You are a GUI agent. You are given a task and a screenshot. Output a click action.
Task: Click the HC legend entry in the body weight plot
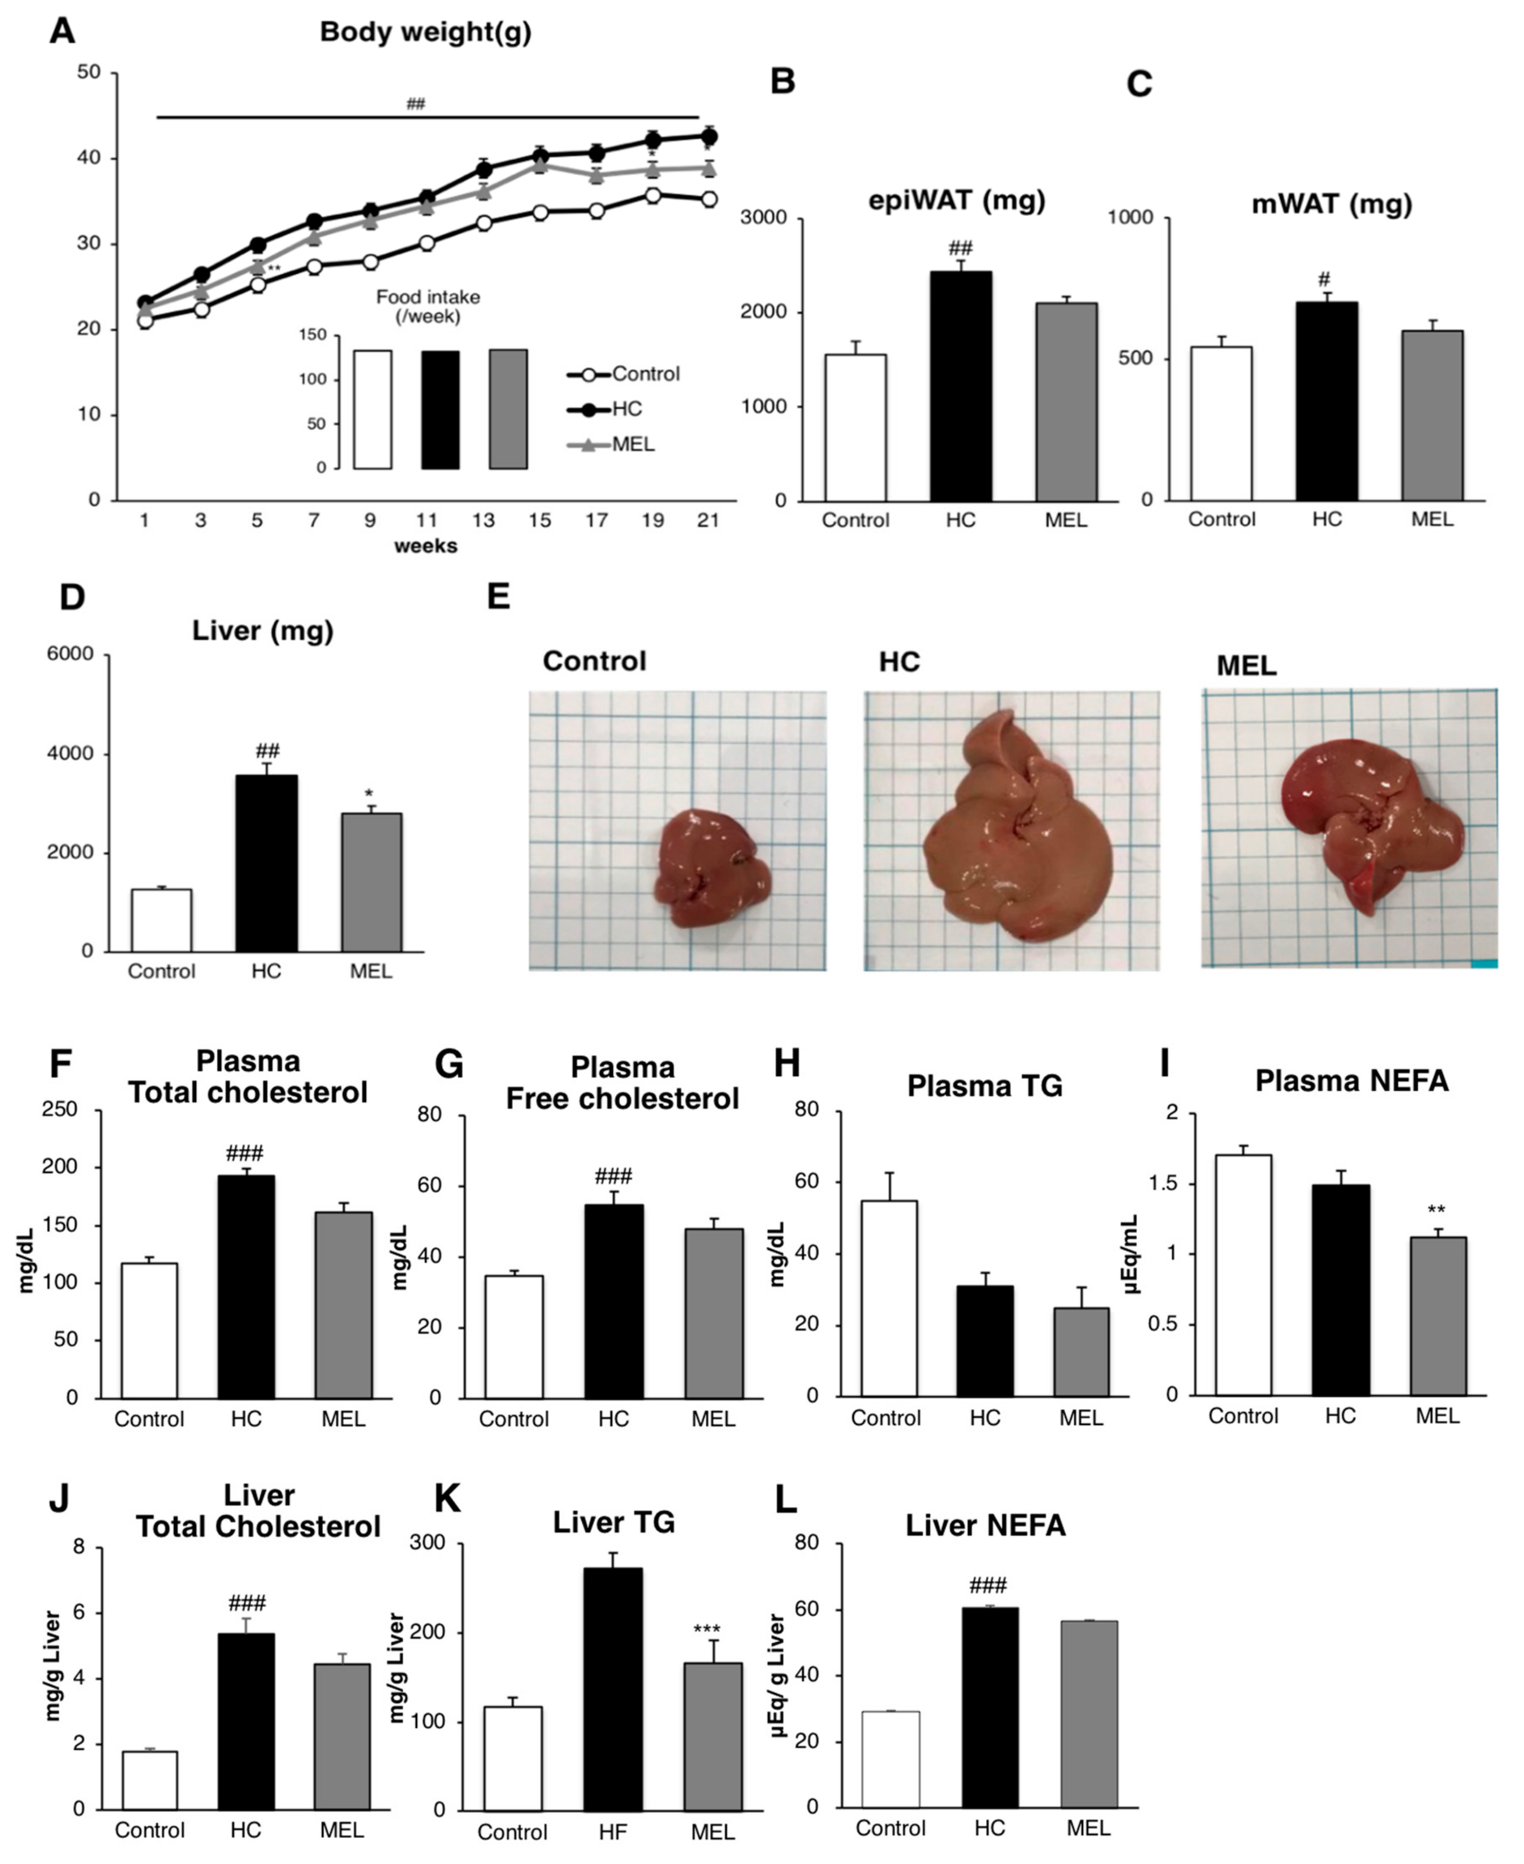[627, 409]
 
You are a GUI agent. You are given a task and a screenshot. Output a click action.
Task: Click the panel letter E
[499, 597]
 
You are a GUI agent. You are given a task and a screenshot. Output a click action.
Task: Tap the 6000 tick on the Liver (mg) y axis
[70, 654]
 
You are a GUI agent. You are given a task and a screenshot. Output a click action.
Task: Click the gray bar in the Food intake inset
[508, 409]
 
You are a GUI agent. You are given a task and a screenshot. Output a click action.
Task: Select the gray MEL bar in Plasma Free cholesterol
[714, 1312]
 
